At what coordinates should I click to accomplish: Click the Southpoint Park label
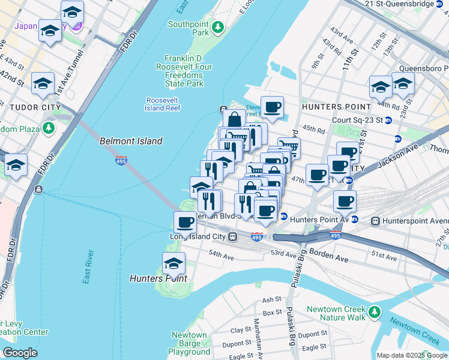click(187, 28)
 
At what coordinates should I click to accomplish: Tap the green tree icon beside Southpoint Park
click(218, 27)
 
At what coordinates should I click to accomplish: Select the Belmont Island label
click(131, 141)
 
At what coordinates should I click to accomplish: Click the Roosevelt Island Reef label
click(163, 104)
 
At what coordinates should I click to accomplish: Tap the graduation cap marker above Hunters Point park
click(173, 263)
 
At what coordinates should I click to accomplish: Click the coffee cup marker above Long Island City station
click(185, 223)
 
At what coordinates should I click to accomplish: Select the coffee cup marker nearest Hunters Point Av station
click(345, 202)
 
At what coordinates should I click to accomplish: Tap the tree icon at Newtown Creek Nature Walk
click(375, 312)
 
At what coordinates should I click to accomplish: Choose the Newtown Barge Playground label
click(188, 343)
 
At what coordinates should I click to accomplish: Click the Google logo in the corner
click(19, 353)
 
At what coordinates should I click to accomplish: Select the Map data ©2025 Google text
click(412, 355)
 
